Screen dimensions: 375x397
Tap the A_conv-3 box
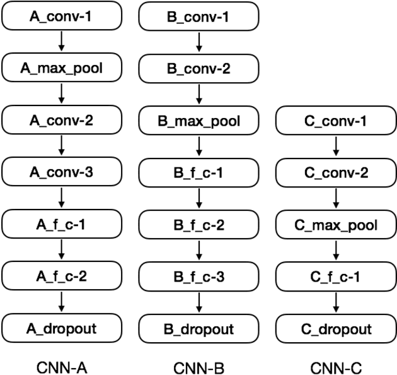(x=61, y=171)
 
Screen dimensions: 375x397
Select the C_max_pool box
(x=336, y=224)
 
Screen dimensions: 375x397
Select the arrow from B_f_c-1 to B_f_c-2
(x=199, y=198)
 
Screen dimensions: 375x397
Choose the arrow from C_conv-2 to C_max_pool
(x=336, y=198)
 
